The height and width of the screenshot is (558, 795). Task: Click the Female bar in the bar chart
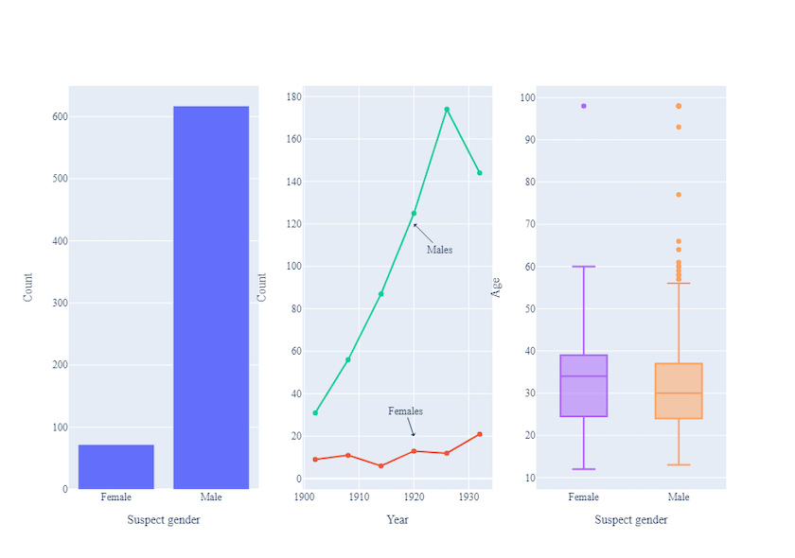click(x=115, y=466)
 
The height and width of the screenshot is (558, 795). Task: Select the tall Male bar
click(x=211, y=298)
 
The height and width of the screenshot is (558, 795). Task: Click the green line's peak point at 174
click(x=447, y=110)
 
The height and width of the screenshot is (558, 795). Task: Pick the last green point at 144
click(x=480, y=173)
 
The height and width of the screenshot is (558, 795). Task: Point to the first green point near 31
click(x=315, y=412)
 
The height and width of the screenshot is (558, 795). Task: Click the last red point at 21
click(x=480, y=434)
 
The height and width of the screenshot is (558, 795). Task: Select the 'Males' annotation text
click(x=439, y=250)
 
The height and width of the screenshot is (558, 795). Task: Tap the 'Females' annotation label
click(x=405, y=411)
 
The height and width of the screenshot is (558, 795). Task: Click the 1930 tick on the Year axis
click(x=468, y=497)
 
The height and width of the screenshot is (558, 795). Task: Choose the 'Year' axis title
click(x=397, y=519)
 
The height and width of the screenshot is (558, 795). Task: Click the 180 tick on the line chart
click(x=293, y=96)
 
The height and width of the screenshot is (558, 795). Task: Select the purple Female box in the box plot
click(x=583, y=385)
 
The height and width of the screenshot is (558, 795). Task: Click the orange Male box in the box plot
click(x=679, y=391)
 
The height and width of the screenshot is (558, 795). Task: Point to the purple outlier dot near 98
click(x=583, y=106)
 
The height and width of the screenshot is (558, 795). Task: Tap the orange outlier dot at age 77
click(x=679, y=195)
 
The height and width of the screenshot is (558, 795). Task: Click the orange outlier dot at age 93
click(x=679, y=127)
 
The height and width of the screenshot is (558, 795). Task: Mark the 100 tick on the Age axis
click(x=527, y=97)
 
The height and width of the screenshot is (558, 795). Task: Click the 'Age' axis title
click(x=496, y=287)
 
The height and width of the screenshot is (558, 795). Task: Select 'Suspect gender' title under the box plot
click(x=631, y=519)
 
